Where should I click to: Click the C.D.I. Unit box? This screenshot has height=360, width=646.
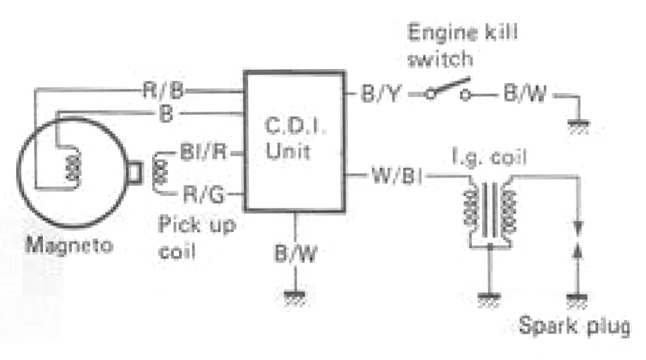click(x=294, y=141)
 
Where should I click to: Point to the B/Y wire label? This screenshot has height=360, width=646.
click(x=381, y=94)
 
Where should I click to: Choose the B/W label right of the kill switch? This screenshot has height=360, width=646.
click(x=524, y=94)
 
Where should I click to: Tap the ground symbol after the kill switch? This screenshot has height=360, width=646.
click(x=578, y=127)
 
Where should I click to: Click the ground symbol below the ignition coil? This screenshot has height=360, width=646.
click(x=487, y=299)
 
